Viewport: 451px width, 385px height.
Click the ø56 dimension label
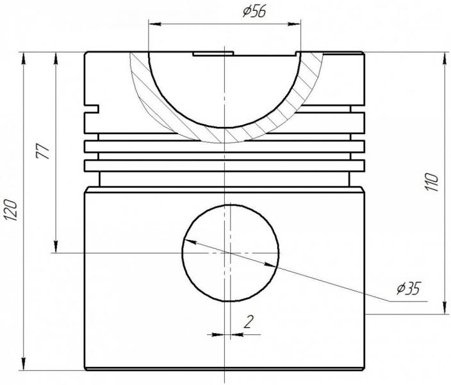tap(254, 12)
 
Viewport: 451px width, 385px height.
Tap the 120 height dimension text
tap(12, 210)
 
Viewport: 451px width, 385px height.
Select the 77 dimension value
tap(42, 151)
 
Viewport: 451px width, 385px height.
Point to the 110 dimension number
tap(431, 182)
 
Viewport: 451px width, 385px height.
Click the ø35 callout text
tap(409, 288)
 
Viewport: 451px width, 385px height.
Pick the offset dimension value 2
tap(249, 321)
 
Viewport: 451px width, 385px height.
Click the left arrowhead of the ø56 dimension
tap(155, 24)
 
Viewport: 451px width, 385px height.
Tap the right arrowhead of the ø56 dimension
tap(294, 24)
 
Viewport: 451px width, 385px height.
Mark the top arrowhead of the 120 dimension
tap(23, 58)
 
